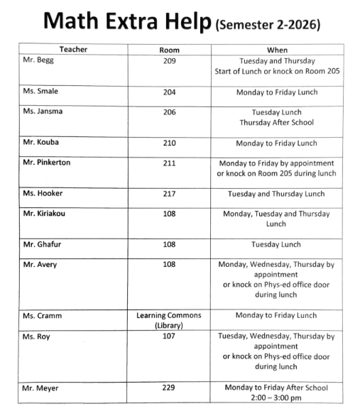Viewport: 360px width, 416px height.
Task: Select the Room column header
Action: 170,50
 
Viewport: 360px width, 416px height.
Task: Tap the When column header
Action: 276,50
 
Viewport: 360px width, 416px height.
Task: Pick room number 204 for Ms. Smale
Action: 170,92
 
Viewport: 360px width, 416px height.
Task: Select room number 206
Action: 170,112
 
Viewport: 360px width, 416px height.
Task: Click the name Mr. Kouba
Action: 41,143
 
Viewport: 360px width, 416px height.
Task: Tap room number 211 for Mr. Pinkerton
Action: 170,163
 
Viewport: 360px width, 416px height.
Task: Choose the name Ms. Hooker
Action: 43,194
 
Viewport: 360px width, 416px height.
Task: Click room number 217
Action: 170,194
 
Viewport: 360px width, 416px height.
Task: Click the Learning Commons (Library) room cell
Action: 170,320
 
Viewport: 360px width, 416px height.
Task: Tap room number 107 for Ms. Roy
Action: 170,336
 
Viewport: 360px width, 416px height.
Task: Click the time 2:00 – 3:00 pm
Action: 276,398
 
